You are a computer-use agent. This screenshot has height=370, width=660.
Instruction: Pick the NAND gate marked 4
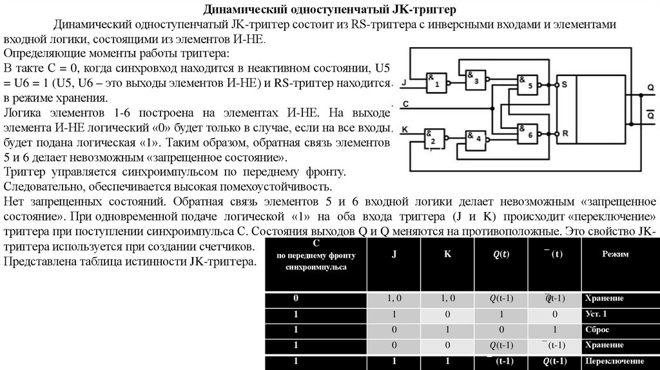click(476, 138)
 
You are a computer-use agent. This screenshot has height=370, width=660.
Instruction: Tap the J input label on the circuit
click(403, 83)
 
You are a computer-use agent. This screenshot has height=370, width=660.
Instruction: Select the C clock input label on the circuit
click(403, 103)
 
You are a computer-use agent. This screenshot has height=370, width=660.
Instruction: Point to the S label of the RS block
click(564, 84)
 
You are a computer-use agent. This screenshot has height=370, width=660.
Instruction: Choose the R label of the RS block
click(564, 133)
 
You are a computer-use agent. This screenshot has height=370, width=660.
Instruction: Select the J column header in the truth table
click(393, 254)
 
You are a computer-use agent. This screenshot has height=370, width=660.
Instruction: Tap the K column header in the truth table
click(447, 254)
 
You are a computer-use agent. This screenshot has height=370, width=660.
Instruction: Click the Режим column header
click(616, 254)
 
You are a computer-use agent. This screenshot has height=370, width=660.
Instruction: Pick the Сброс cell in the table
click(596, 329)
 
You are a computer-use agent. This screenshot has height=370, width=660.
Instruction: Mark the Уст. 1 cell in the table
click(596, 314)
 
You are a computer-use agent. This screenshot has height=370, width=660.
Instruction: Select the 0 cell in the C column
click(296, 299)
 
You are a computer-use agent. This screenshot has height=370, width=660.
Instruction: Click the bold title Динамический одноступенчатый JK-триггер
click(329, 10)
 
